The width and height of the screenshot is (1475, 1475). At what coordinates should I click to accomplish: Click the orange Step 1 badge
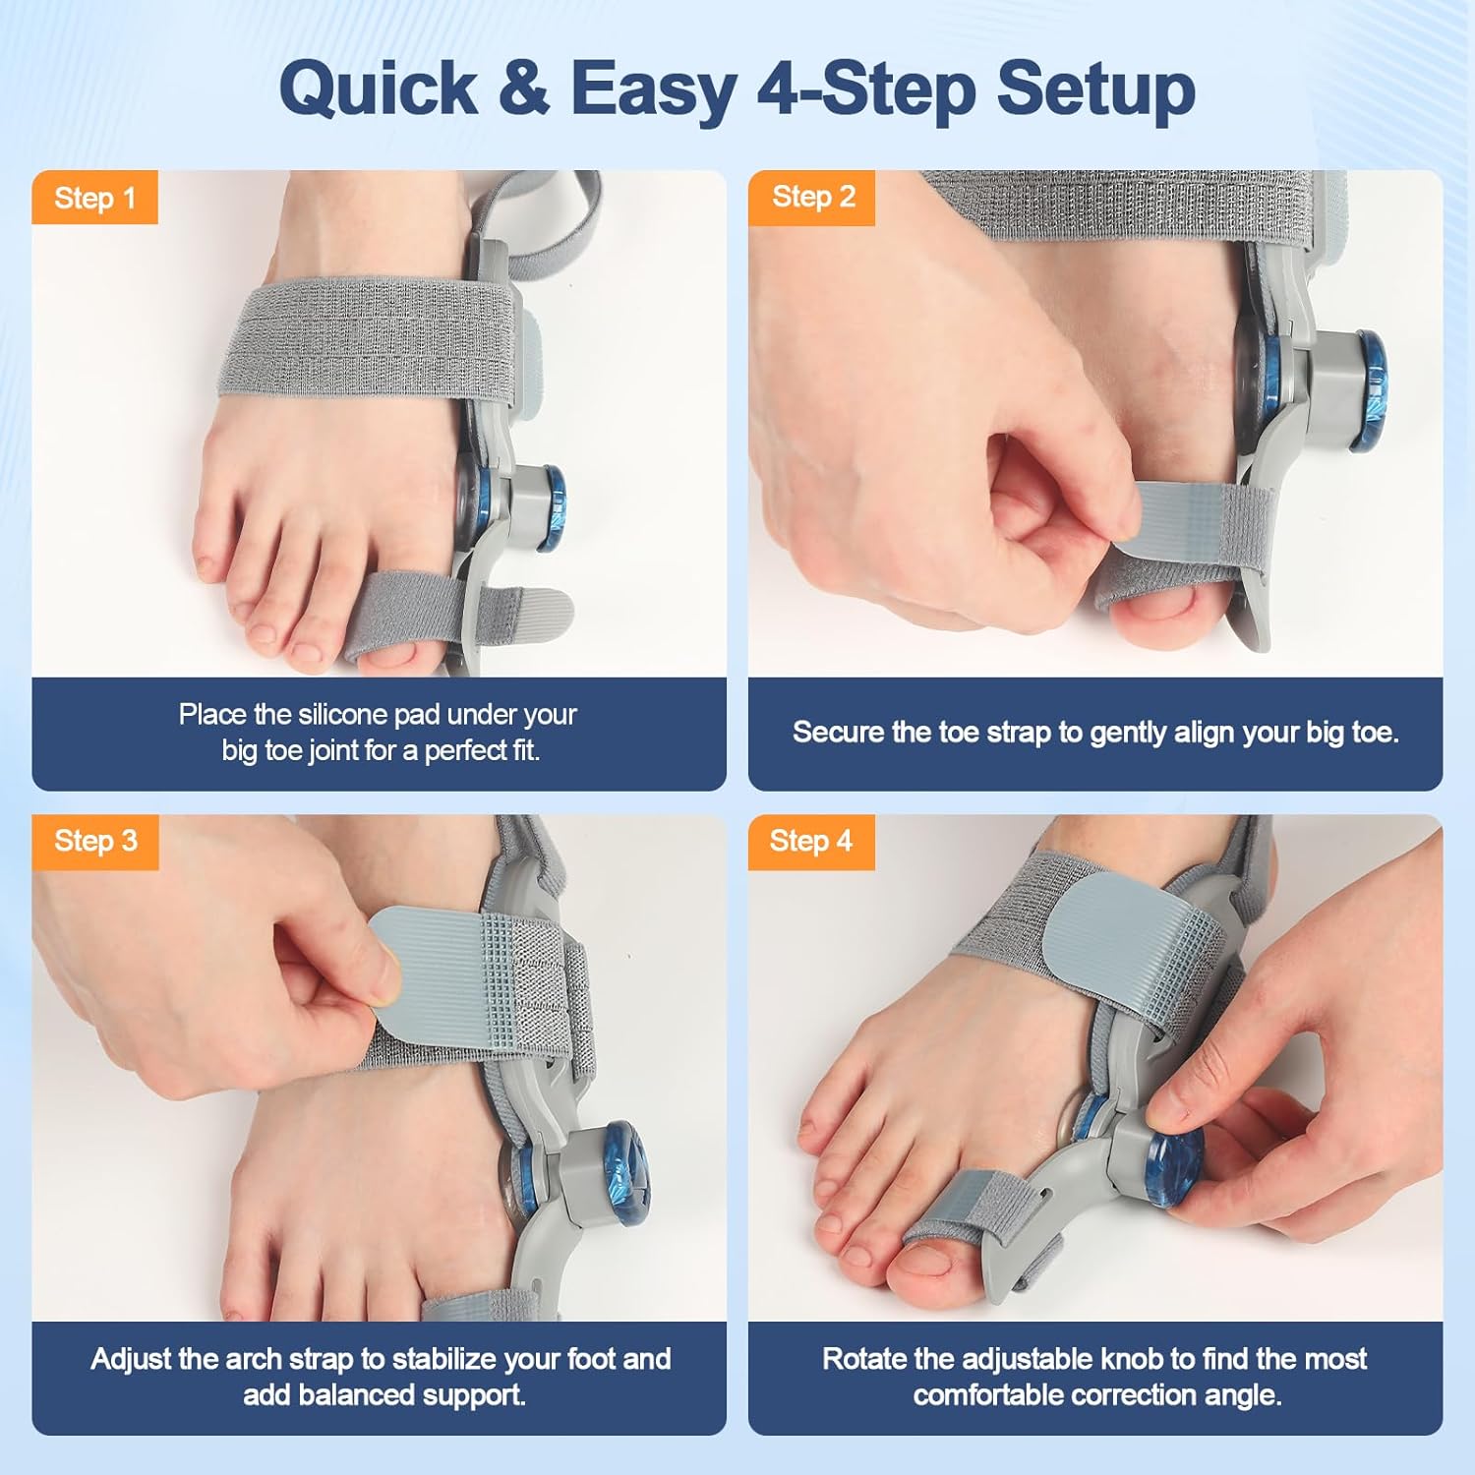pos(94,198)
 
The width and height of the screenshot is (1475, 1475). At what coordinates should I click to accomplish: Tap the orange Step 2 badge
pos(812,197)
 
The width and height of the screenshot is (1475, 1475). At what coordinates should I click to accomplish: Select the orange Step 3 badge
pos(94,841)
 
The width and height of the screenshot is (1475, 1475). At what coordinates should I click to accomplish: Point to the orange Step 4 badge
pos(810,841)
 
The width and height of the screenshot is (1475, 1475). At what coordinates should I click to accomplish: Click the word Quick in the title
pos(379,88)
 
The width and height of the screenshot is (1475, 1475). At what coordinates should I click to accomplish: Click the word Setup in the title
pos(1095,88)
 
